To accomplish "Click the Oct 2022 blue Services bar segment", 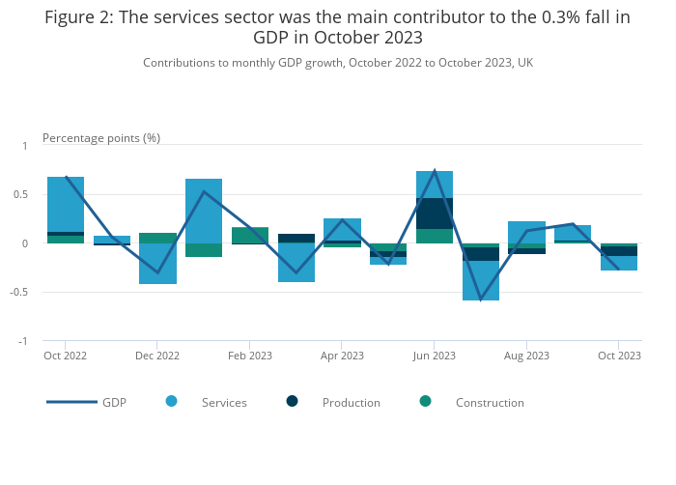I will pos(66,204).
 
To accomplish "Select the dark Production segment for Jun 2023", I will pos(435,214).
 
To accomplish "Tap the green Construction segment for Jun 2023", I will pos(435,236).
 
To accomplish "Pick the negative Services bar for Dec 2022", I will pos(157,264).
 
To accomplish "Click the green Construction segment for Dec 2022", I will pos(157,238).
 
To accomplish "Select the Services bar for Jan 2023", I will pos(204,211).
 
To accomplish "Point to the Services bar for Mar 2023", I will pos(296,263).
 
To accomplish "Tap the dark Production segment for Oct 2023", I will pos(619,251).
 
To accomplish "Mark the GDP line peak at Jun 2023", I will pos(435,171).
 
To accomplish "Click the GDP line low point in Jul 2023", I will pos(480,299).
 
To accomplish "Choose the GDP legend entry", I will pos(87,402).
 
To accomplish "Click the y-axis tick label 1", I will pos(25,146).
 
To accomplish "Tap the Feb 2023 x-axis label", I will pos(250,356).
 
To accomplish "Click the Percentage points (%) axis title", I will pos(101,138).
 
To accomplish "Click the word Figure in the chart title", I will pos(71,16).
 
